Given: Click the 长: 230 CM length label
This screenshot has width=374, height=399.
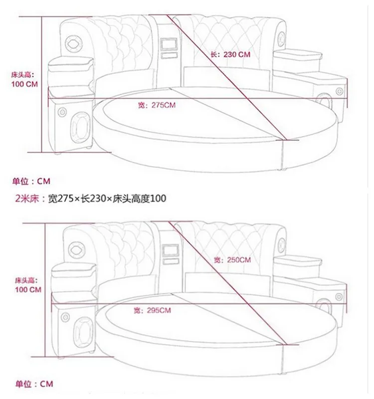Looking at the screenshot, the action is point(230,54).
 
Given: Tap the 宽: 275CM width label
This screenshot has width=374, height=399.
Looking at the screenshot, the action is point(157,105).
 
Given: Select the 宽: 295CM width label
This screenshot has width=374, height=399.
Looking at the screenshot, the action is point(152,310).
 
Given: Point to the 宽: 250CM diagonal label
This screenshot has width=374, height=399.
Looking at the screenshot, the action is point(232,260).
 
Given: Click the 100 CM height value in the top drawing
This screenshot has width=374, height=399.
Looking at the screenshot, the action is point(24,84).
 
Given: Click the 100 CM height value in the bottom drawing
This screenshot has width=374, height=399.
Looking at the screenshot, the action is point(28,289).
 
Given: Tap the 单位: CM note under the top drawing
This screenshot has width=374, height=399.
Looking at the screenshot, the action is point(31,181).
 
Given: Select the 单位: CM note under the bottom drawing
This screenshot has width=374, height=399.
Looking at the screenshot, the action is point(34,384).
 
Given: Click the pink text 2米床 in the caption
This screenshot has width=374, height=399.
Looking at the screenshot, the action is point(27,199).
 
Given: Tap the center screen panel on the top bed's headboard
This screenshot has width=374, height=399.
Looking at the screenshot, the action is point(169,44).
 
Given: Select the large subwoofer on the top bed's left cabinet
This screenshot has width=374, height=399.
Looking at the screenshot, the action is point(80,128).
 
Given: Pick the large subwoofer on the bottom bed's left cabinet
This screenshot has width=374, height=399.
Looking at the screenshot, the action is point(83,333).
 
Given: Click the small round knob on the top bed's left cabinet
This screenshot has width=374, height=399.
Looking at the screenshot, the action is point(62,112).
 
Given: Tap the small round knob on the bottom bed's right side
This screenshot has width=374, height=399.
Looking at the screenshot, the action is point(339,297).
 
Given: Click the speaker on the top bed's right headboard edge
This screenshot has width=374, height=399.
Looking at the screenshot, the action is point(281,39).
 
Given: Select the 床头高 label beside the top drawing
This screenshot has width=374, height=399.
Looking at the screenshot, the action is point(22,75).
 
